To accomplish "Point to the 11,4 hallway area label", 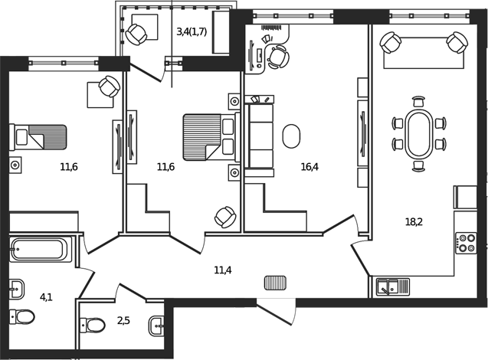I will point(222,269).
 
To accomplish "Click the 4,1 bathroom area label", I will point(46,296).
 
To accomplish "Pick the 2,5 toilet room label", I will point(123,321).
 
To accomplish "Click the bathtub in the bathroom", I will point(41,249).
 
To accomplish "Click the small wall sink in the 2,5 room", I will point(156,325).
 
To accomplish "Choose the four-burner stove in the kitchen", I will point(467,243).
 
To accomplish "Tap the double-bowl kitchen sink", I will point(392,287).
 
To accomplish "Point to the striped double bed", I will point(208,137).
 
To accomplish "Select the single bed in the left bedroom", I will point(38,138).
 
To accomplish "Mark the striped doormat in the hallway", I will point(274,283).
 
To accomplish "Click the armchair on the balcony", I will point(139,33).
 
